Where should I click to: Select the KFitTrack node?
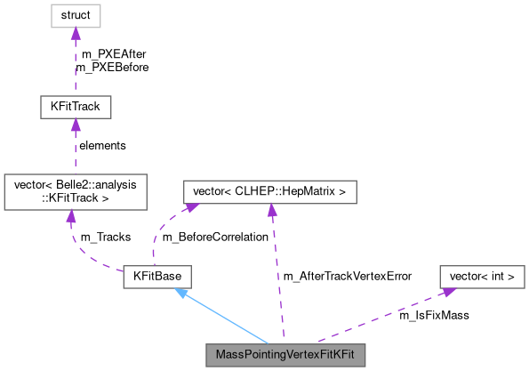[x=76, y=108]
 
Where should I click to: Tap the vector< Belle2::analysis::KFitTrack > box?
[x=76, y=191]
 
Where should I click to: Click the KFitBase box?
[x=157, y=277]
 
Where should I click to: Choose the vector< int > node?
[x=483, y=277]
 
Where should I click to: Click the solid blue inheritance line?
[x=227, y=317]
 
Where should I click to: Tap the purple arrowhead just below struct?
[x=76, y=34]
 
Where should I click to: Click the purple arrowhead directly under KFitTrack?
[x=76, y=126]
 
